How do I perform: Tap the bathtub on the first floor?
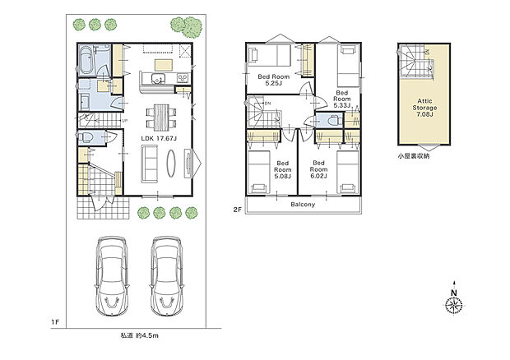tap(89, 60)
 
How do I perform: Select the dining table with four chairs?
tap(159, 115)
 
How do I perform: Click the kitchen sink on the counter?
tap(157, 79)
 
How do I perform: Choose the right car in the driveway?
tap(167, 275)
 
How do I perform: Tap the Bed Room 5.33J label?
tap(341, 99)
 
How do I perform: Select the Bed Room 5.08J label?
tap(283, 168)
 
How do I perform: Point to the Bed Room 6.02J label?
tap(319, 168)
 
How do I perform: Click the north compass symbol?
tap(453, 305)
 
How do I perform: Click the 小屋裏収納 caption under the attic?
tap(415, 155)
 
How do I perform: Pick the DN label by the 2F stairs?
tap(267, 103)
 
